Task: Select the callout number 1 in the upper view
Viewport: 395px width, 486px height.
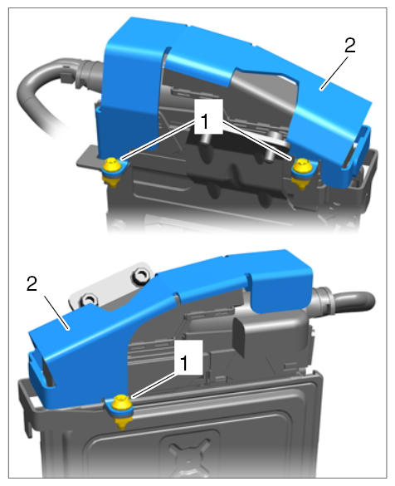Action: point(205,121)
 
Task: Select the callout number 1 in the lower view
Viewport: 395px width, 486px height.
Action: point(184,363)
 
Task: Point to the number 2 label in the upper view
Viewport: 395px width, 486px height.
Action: point(349,46)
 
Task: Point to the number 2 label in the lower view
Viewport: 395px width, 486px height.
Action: point(32,283)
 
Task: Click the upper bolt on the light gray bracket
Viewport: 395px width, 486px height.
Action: point(141,275)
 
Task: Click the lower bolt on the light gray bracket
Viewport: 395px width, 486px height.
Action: point(89,300)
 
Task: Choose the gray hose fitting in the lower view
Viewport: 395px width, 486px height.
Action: point(321,302)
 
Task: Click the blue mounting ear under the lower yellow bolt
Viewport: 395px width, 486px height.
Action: point(119,410)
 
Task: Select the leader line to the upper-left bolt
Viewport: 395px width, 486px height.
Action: point(158,140)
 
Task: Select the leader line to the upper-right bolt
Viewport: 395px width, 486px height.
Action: point(256,140)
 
